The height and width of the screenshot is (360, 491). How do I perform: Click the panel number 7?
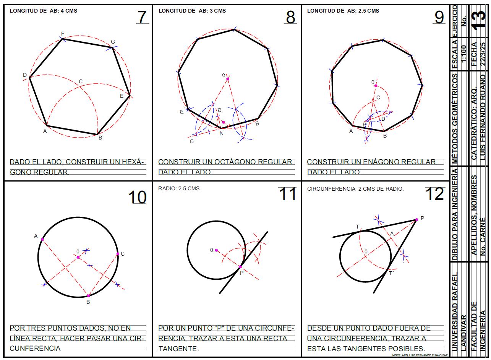142,17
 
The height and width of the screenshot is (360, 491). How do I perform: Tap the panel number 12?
435,194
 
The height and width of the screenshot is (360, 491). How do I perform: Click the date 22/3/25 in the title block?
483,54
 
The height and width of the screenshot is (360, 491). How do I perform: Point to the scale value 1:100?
464,54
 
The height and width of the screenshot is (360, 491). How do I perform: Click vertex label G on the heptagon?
113,42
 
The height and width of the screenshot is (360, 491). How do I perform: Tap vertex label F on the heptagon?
63,34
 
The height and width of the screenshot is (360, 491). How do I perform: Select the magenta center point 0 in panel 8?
228,79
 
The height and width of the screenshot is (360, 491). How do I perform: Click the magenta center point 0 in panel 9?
376,86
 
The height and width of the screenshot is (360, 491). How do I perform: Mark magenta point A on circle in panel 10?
42,239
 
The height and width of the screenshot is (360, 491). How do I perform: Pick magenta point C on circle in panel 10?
118,254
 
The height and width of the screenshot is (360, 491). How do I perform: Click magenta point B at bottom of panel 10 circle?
89,296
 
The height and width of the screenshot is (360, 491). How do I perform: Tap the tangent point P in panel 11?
240,267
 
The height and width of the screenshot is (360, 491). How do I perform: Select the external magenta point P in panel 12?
416,220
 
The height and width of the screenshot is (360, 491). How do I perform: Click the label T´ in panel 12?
391,273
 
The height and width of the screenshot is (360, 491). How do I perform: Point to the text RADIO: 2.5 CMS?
179,188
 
